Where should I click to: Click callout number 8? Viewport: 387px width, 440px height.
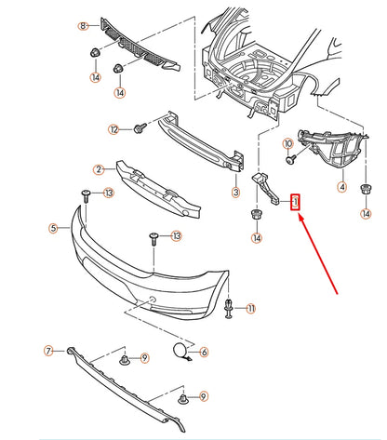point(82,24)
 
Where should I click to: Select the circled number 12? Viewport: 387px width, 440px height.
point(113,129)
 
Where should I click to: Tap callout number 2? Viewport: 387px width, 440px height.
point(98,169)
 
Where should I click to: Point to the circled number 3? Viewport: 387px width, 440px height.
point(235,193)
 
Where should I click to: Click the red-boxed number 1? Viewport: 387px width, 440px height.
point(296,201)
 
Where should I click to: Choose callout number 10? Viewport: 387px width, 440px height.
point(288,143)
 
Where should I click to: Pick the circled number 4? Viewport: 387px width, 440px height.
point(341,187)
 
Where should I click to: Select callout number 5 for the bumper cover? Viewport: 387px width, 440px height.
point(54,227)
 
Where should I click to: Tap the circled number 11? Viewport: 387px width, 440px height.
point(251,308)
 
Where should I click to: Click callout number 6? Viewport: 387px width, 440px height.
point(204,352)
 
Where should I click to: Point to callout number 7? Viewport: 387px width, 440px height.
point(47,351)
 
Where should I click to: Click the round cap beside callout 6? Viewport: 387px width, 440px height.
point(177,351)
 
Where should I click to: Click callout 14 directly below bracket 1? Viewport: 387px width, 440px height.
point(256,238)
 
